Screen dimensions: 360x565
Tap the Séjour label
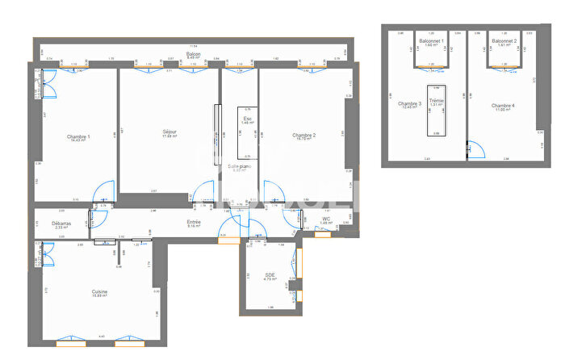169,132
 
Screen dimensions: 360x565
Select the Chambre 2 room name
303,135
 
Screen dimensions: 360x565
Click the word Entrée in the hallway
194,222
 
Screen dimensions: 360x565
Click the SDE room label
270,275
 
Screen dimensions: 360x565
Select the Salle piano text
240,166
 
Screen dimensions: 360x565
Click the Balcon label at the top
193,53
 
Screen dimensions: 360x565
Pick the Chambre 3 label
410,103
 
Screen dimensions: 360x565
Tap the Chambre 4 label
503,105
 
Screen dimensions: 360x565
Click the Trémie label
437,101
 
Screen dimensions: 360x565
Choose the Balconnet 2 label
504,40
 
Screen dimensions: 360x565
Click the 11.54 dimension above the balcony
193,46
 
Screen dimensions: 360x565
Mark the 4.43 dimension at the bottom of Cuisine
102,336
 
